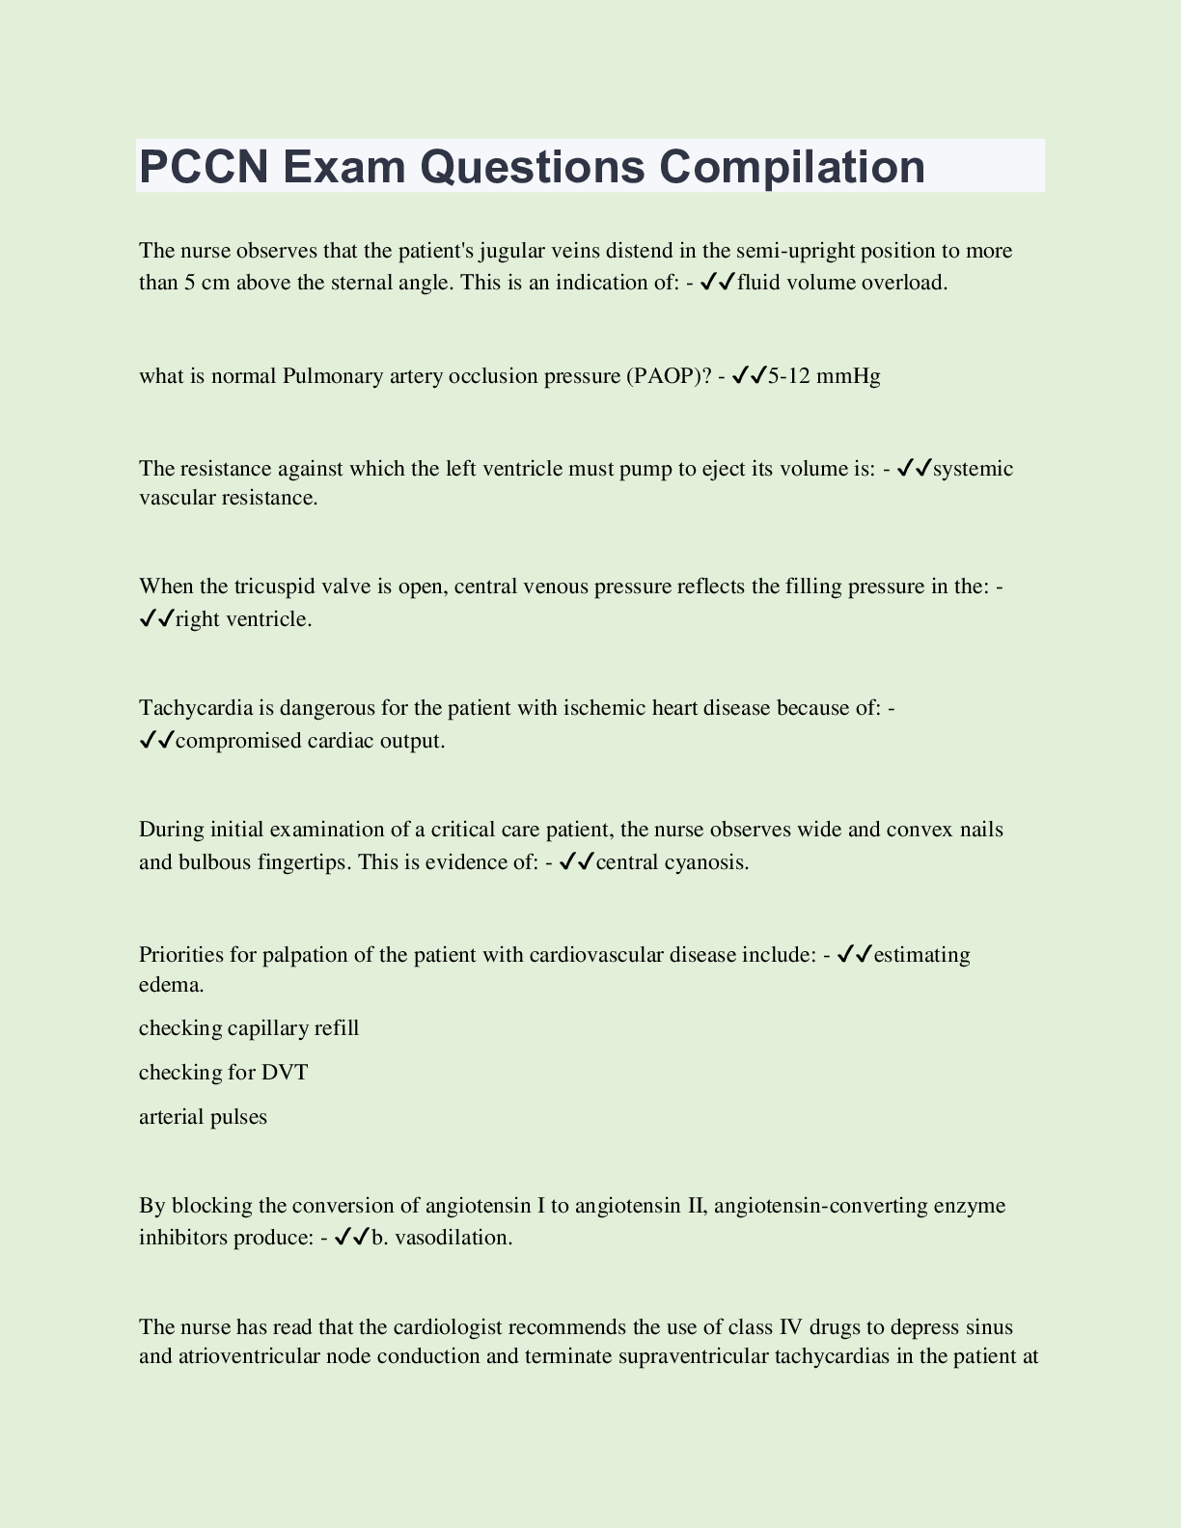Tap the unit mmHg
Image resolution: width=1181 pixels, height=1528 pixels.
(x=848, y=375)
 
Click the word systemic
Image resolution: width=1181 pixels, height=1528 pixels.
(x=974, y=469)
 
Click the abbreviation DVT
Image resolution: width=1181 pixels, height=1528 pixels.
(x=285, y=1073)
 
